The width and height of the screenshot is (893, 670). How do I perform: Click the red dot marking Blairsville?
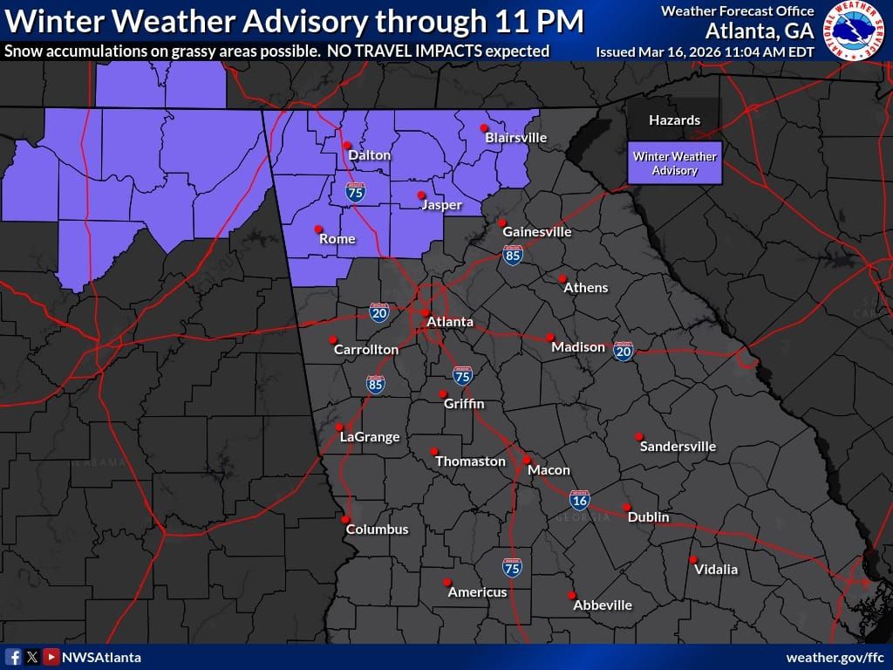[x=484, y=128]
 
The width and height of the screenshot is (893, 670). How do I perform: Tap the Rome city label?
[x=337, y=238]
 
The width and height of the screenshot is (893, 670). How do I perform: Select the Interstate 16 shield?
[x=579, y=500]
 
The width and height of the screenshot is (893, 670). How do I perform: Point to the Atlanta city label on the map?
[x=449, y=322]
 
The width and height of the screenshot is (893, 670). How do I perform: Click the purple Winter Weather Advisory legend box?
[x=675, y=163]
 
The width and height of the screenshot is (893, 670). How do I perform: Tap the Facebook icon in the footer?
[x=13, y=657]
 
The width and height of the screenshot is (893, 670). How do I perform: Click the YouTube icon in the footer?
[x=51, y=657]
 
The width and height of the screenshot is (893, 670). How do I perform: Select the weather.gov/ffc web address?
[x=835, y=657]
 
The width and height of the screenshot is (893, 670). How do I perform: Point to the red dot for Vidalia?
[x=693, y=560]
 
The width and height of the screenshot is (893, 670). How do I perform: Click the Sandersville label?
[x=678, y=447]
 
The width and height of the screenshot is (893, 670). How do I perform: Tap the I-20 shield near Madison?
[x=623, y=351]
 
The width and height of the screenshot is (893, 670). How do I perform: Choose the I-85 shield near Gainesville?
[x=513, y=255]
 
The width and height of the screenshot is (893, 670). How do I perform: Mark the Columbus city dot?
[x=346, y=519]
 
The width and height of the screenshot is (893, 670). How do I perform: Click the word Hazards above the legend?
[x=674, y=120]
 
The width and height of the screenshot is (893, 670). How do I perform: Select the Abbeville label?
[x=603, y=605]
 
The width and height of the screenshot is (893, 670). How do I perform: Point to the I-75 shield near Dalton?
[x=355, y=192]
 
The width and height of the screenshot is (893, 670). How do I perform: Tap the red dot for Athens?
[x=562, y=279]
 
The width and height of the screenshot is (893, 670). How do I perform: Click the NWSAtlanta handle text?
[x=101, y=657]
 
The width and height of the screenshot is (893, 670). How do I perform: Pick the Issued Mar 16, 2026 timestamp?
[x=705, y=51]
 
